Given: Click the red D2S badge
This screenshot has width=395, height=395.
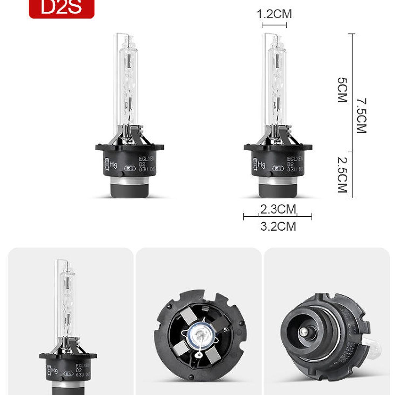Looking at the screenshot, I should pyautogui.click(x=62, y=8).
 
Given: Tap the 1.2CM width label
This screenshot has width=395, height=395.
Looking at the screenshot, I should pyautogui.click(x=274, y=14).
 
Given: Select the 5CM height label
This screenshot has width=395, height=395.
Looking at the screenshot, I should pyautogui.click(x=342, y=90).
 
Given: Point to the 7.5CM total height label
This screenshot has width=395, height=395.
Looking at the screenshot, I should pyautogui.click(x=361, y=116).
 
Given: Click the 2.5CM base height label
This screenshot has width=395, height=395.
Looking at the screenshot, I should pyautogui.click(x=342, y=174).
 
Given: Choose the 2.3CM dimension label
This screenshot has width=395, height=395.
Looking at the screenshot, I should pyautogui.click(x=278, y=209).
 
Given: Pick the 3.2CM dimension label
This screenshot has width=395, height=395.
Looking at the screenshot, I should pyautogui.click(x=278, y=226).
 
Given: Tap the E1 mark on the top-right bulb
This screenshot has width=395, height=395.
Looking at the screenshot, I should pyautogui.click(x=279, y=169).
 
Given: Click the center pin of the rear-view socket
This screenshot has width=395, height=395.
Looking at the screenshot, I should pyautogui.click(x=303, y=332).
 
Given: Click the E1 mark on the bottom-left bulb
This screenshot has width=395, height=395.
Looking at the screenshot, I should pyautogui.click(x=69, y=374).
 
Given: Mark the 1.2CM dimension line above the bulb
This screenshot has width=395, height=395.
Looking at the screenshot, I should pyautogui.click(x=274, y=25).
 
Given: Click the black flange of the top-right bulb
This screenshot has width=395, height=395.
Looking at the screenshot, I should pyautogui.click(x=278, y=147).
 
